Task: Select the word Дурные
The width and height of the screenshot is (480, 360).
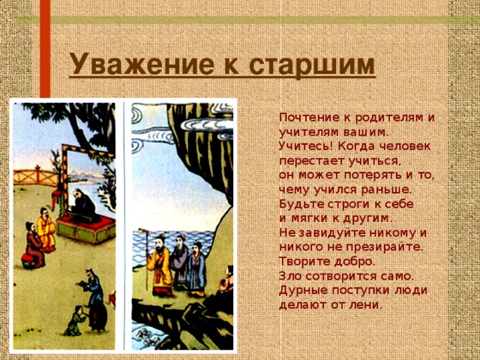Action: (x=301, y=290)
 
